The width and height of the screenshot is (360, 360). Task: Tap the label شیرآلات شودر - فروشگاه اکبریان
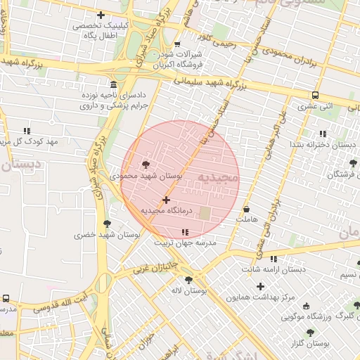178,59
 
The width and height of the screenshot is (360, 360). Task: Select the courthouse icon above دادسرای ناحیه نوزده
113,84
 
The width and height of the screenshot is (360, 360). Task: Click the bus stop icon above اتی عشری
316,95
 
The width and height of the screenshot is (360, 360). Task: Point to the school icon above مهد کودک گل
27,131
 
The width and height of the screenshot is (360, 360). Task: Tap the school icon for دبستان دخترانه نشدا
323,134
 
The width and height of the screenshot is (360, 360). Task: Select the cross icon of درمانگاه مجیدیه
166,200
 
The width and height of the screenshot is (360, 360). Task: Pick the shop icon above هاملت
247,209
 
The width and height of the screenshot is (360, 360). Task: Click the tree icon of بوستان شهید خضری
107,224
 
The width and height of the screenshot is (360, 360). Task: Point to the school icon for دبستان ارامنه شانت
274,259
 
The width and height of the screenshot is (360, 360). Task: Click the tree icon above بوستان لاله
188,279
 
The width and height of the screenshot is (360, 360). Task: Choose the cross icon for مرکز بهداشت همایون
261,286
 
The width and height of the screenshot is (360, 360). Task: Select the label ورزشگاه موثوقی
307,318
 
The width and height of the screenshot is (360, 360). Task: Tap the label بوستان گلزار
310,343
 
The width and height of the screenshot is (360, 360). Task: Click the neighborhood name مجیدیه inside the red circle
217,179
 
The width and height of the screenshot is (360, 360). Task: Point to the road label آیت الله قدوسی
56,302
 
